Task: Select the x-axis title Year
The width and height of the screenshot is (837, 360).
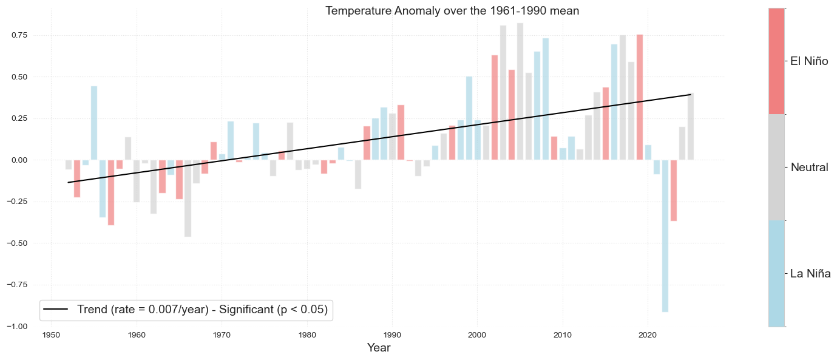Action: point(379,348)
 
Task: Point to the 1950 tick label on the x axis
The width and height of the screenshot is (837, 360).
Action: point(51,335)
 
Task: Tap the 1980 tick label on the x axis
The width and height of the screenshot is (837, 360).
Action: point(307,335)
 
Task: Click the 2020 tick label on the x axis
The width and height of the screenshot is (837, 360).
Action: point(648,335)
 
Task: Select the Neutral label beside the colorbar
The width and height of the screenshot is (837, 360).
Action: point(809,167)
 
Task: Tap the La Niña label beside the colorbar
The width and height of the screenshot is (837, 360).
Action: point(810,273)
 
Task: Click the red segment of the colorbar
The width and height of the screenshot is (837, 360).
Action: point(776,61)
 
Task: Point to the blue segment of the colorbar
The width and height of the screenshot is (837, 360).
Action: point(776,273)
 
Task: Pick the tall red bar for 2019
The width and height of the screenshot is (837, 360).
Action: point(640,97)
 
